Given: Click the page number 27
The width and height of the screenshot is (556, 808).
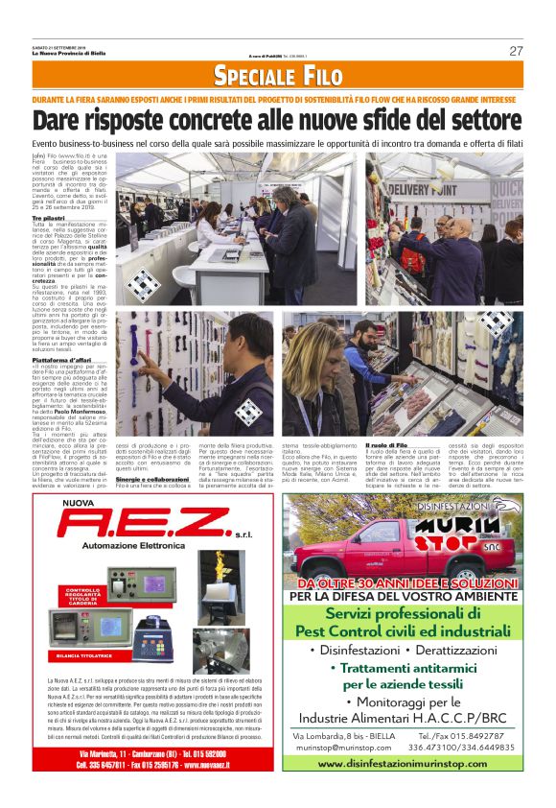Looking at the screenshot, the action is tap(516, 51).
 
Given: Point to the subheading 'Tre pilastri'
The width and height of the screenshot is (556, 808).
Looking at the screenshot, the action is tap(49, 219).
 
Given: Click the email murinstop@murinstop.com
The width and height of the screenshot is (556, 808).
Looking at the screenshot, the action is tap(341, 746).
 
